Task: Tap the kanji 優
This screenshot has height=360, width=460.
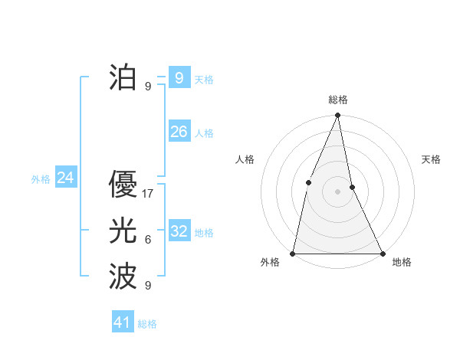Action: [x=122, y=185]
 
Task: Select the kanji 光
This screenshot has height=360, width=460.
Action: [x=122, y=231]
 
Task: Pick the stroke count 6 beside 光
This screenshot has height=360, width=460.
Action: [x=148, y=240]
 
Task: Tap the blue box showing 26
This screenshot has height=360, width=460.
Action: [x=179, y=132]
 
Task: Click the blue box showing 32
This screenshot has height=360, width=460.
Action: [x=179, y=231]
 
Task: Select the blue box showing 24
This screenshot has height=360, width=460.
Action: [x=65, y=178]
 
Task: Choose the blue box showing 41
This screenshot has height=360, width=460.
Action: [x=123, y=322]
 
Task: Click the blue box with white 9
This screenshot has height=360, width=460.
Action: [x=179, y=77]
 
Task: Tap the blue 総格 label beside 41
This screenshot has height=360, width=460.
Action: [x=147, y=324]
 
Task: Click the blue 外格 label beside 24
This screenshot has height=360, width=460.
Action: [x=41, y=179]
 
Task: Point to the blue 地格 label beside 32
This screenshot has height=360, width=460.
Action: [x=204, y=233]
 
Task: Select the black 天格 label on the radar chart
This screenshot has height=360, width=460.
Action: [x=432, y=159]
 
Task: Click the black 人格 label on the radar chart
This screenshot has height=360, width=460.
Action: [x=245, y=159]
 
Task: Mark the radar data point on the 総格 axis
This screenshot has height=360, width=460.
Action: [x=337, y=116]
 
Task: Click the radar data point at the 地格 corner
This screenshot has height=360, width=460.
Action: [x=382, y=253]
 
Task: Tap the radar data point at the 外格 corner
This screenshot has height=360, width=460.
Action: [x=293, y=253]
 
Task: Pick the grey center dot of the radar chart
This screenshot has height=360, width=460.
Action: [x=337, y=191]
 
